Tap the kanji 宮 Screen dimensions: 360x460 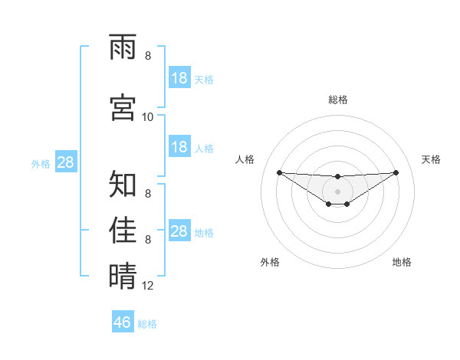(x=123, y=106)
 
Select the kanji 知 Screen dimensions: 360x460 (x=123, y=184)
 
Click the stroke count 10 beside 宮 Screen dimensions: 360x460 (x=148, y=116)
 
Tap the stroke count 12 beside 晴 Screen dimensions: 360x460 (x=148, y=286)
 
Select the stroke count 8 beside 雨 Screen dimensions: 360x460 (x=148, y=56)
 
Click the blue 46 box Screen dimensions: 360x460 (x=123, y=322)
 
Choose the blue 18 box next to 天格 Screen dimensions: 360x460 (x=179, y=77)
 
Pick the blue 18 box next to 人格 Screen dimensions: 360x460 (x=179, y=147)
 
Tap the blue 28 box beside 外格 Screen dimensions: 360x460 (x=66, y=162)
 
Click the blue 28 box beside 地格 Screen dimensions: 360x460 (x=179, y=231)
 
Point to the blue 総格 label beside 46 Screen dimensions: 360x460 (x=147, y=324)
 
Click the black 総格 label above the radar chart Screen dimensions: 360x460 (x=337, y=100)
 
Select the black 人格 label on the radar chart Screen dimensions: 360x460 (x=245, y=159)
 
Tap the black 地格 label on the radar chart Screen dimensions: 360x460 (x=402, y=262)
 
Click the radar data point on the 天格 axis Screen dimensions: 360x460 (x=396, y=172)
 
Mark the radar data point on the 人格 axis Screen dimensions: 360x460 (x=279, y=172)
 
